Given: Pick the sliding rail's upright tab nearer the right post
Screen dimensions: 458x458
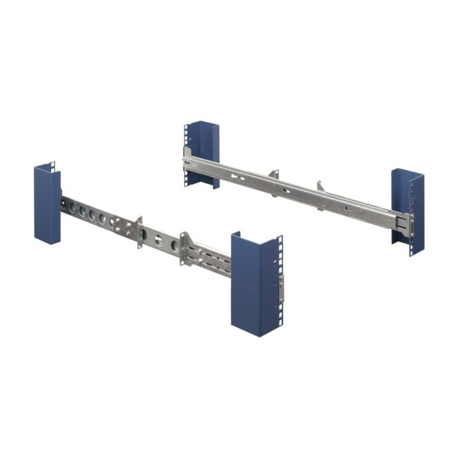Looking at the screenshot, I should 320,187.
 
